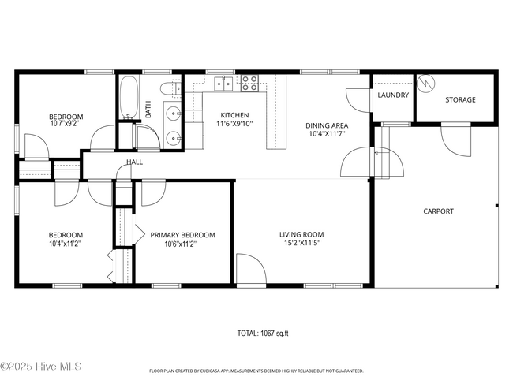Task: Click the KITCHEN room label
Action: (x=234, y=115)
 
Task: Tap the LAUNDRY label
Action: (x=393, y=95)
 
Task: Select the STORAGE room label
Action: (x=460, y=99)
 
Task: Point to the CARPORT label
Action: (x=438, y=211)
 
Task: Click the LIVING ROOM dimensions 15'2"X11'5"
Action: (x=301, y=243)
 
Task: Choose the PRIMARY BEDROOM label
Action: (x=182, y=235)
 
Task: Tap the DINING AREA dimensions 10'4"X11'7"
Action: (x=327, y=134)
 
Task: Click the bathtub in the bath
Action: (x=128, y=97)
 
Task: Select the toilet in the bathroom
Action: (x=170, y=88)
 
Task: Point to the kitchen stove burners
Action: (x=249, y=83)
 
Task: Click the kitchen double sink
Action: (x=224, y=84)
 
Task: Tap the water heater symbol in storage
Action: (x=426, y=84)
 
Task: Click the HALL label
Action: (x=134, y=162)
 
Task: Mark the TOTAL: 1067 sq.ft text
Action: (x=263, y=334)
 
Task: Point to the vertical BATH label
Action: (x=148, y=110)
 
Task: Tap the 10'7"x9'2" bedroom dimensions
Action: (x=65, y=124)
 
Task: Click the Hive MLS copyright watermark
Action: (x=40, y=367)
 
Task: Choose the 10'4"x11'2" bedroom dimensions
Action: (x=65, y=244)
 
